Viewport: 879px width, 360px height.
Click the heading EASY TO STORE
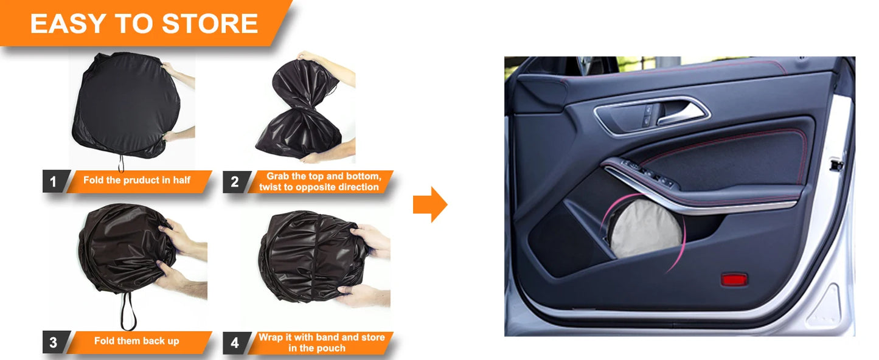click(x=144, y=24)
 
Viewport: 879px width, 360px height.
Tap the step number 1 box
click(x=53, y=181)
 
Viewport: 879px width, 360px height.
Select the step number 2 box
click(x=235, y=181)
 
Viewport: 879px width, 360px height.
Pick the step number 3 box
click(x=53, y=342)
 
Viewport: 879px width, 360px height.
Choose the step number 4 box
click(x=235, y=342)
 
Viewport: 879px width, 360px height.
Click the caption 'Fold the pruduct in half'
click(x=137, y=181)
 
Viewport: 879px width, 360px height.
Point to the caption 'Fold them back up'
click(x=137, y=341)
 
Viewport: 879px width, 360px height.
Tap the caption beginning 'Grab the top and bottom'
click(x=319, y=181)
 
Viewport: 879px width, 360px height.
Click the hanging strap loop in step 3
click(x=128, y=310)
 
